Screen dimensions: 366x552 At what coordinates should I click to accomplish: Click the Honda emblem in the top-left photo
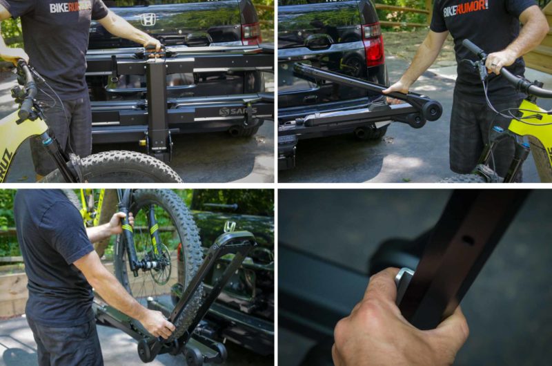[148, 19]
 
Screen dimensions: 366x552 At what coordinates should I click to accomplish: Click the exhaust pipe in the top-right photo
[362, 132]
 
